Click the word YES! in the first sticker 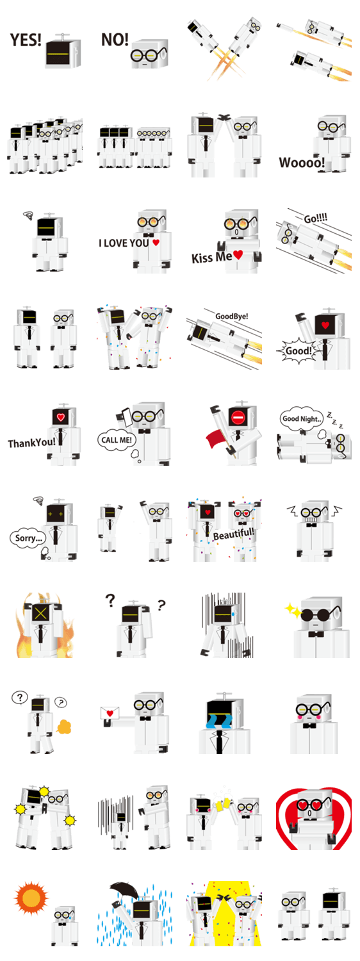[x=26, y=40]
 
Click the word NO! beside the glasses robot [x=115, y=40]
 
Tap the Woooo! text [x=302, y=163]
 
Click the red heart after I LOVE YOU [x=156, y=242]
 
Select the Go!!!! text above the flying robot [x=315, y=218]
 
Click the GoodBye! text [x=232, y=316]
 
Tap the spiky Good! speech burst [x=297, y=351]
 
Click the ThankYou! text [x=31, y=443]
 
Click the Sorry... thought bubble [x=28, y=538]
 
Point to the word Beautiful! [x=234, y=534]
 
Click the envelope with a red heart [x=110, y=712]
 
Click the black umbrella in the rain [x=124, y=891]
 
